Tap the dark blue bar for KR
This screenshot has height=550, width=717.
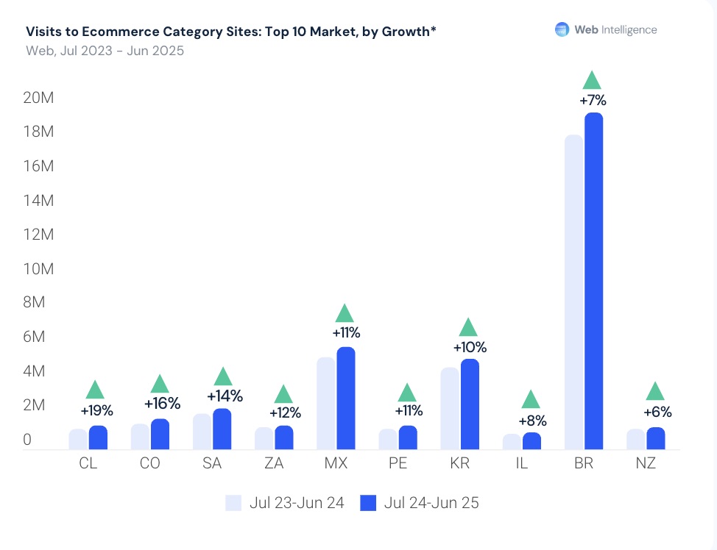click(x=470, y=404)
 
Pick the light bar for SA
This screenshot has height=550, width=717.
click(x=202, y=432)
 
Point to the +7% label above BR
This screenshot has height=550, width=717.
click(x=593, y=101)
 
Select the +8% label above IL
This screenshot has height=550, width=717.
click(x=531, y=421)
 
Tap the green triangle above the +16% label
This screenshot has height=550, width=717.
click(x=160, y=384)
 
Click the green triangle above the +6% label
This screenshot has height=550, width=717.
click(x=655, y=391)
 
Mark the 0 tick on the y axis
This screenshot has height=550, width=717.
click(x=27, y=440)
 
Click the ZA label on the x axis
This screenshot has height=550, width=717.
click(x=273, y=464)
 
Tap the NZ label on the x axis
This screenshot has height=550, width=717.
click(x=646, y=464)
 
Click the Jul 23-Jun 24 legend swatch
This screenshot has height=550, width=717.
click(x=233, y=503)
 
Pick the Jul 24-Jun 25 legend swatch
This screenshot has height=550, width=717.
click(x=368, y=503)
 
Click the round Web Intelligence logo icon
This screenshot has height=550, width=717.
click(x=562, y=29)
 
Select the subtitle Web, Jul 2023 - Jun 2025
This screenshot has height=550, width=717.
click(x=105, y=51)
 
